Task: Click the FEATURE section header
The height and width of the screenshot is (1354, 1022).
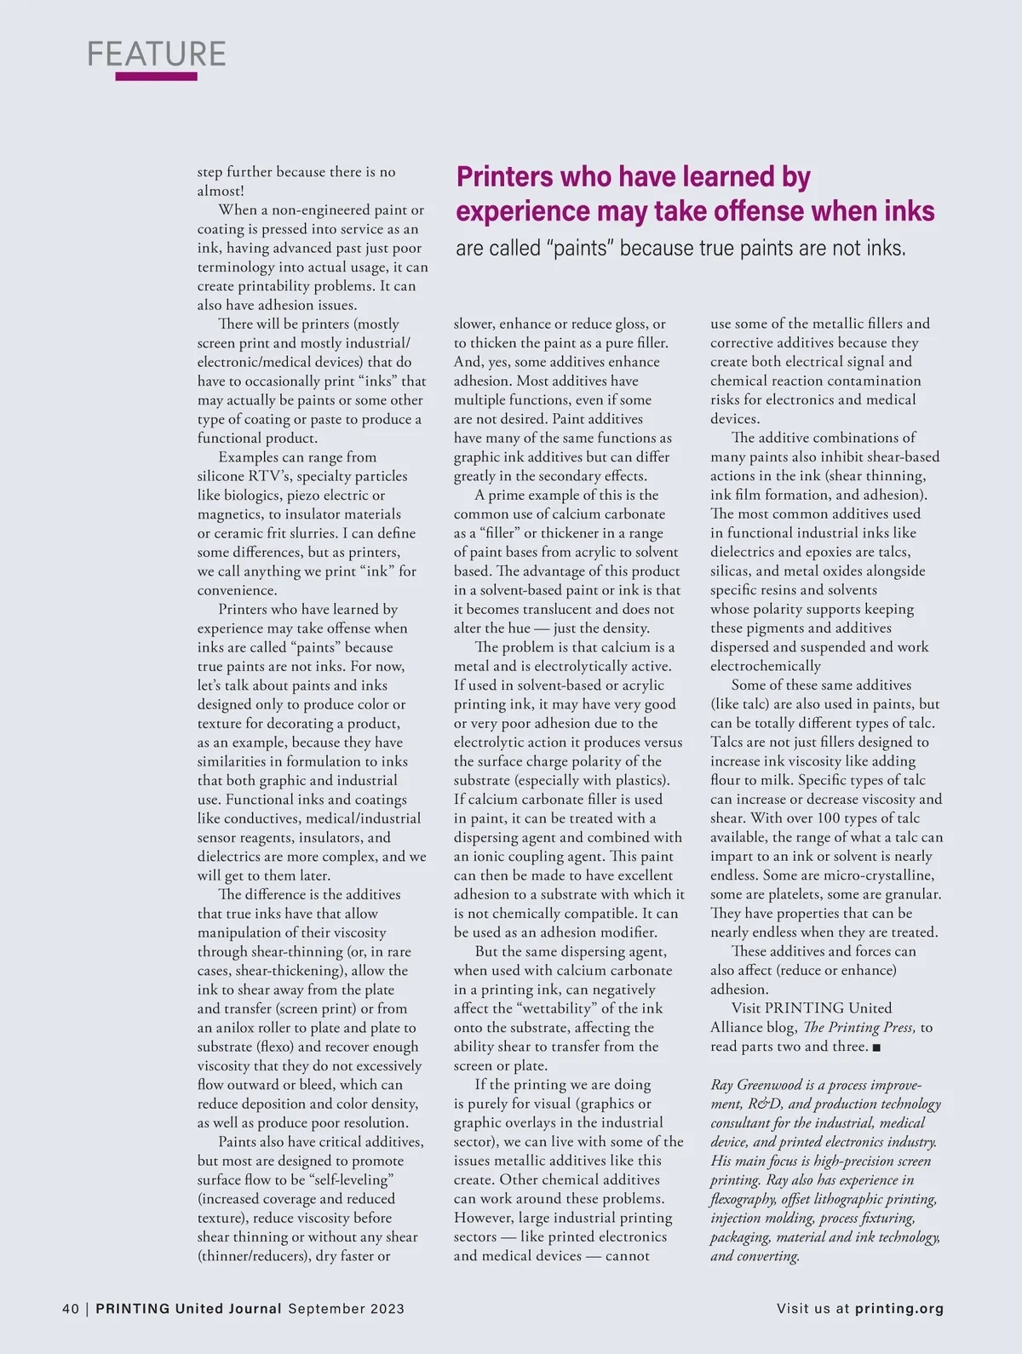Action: tap(157, 54)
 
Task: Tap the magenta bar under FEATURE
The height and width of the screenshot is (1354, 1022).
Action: tap(156, 77)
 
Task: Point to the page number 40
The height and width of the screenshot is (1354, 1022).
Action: tap(71, 1309)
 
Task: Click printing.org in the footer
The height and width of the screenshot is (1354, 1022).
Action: tap(899, 1309)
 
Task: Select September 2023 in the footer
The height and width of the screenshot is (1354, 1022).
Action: tap(346, 1309)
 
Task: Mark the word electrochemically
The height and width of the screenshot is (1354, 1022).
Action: tap(766, 666)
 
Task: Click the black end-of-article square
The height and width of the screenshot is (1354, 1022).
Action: tap(877, 1047)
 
